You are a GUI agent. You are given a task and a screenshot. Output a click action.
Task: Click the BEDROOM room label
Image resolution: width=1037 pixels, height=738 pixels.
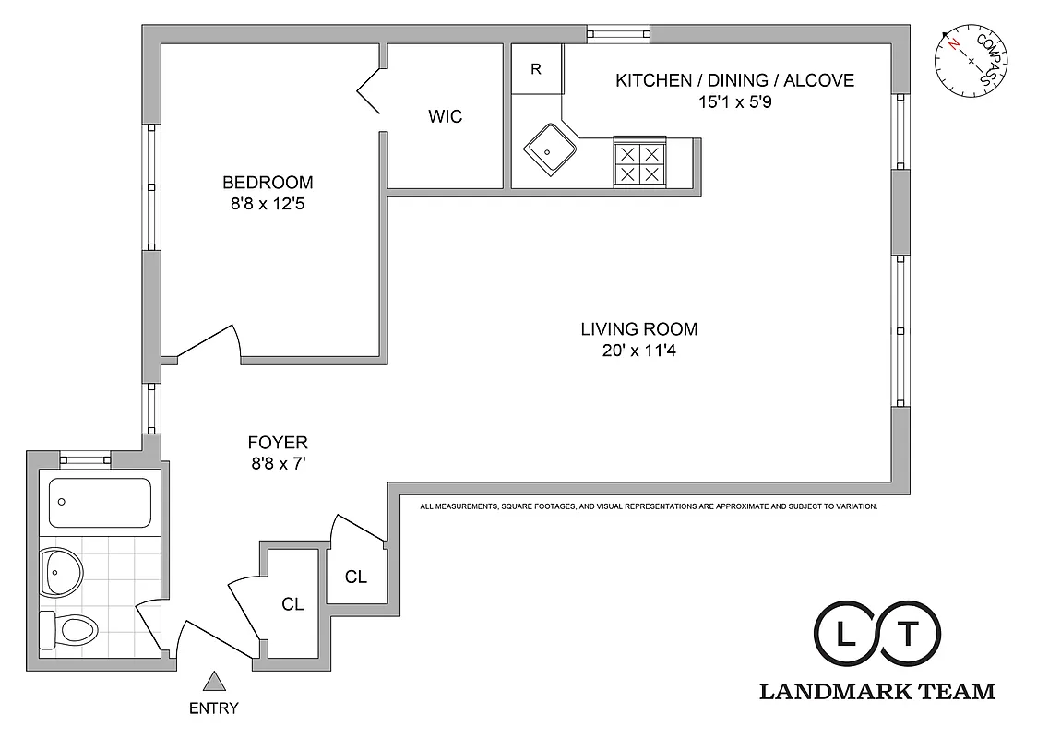(268, 183)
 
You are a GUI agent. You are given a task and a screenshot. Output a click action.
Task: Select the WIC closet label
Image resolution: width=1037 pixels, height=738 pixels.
(446, 117)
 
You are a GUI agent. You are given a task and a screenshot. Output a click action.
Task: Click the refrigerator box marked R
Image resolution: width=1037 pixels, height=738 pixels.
(536, 69)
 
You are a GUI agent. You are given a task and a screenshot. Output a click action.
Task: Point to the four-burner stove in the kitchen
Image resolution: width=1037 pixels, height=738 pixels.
(639, 163)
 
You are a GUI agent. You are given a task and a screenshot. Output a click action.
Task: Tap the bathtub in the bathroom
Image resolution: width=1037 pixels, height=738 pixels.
(99, 502)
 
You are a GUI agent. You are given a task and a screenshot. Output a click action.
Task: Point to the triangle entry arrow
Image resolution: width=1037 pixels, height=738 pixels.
(214, 682)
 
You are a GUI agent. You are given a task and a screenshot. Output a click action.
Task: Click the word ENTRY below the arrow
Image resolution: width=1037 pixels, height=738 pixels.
(214, 708)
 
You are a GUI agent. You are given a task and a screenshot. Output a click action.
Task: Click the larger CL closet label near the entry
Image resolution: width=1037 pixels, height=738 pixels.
(292, 604)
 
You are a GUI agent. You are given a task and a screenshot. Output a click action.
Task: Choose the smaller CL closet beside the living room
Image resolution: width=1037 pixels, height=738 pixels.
(356, 577)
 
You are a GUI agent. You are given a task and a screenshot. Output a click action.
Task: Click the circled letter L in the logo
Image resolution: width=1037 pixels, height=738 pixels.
(845, 634)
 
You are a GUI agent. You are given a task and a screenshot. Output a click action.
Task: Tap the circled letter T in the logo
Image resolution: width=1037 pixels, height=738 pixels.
(909, 634)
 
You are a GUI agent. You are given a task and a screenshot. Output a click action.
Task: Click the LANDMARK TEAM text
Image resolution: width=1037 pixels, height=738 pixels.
(876, 691)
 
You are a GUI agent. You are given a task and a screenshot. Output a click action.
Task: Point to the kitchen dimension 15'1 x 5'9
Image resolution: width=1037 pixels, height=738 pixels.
(734, 102)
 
